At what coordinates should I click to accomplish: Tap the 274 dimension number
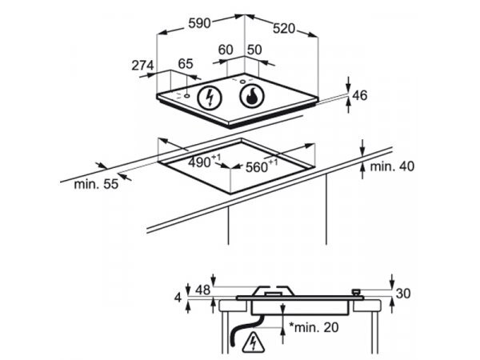[142, 66]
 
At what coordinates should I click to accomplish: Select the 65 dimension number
[185, 63]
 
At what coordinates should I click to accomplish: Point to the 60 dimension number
[225, 50]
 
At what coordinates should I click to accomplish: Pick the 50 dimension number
[254, 50]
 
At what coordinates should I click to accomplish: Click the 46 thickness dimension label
[359, 96]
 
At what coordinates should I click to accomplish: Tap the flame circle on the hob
[252, 98]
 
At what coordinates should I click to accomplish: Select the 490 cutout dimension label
[205, 162]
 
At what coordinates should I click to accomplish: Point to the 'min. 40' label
[391, 166]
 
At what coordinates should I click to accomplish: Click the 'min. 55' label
[95, 184]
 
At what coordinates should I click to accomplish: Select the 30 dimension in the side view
[402, 294]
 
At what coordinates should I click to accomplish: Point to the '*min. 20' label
[315, 328]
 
